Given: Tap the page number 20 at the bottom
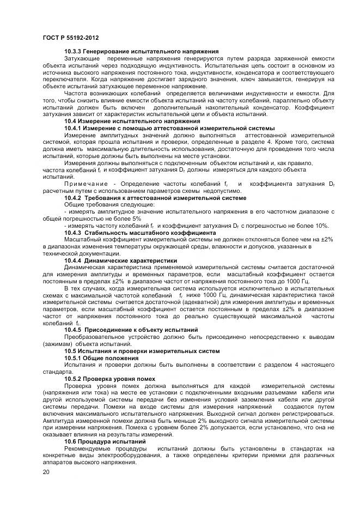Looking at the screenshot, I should click(x=46, y=471).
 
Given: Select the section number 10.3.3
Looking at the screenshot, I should click(x=75, y=51).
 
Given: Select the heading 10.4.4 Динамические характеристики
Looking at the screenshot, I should click(x=120, y=261).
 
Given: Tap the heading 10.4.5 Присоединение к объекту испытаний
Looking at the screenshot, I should click(x=131, y=330).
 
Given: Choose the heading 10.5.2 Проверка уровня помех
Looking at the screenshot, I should click(x=117, y=379).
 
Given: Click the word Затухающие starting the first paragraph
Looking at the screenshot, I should click(x=81, y=58).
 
